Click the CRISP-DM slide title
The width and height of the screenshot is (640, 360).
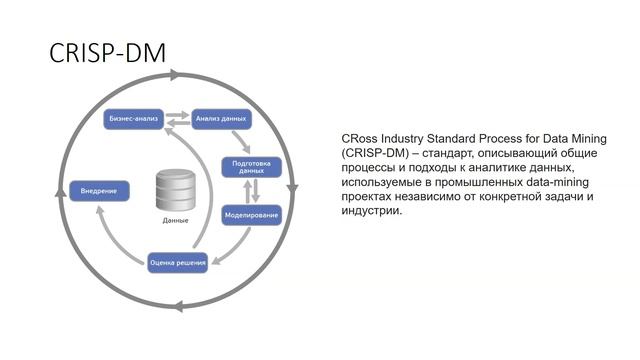107,53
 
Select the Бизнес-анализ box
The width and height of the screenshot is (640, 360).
133,119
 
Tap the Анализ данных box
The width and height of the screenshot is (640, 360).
221,119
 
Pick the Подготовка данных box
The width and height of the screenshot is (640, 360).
251,167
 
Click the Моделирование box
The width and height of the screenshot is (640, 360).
251,215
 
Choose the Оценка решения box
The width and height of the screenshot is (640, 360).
178,263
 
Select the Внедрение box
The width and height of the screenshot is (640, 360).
99,191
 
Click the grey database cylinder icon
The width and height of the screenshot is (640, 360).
176,191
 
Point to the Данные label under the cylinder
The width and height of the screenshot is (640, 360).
176,220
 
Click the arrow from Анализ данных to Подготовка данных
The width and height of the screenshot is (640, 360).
241,142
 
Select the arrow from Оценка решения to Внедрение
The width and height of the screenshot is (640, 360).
114,241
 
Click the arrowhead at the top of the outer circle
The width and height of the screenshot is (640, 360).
175,75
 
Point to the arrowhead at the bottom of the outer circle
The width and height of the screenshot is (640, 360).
178,306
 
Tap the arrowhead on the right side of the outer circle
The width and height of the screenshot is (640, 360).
292,189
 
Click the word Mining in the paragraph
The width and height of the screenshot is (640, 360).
588,139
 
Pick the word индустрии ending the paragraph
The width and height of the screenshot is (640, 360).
372,211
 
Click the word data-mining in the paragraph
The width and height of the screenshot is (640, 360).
558,182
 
